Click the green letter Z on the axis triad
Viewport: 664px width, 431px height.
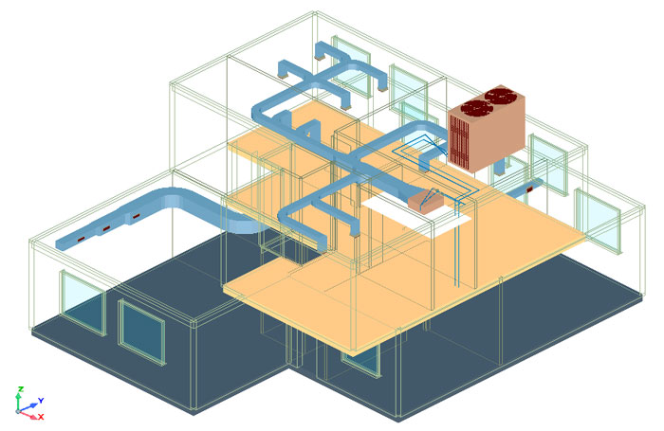point(20,389)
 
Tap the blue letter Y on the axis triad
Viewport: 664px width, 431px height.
point(41,400)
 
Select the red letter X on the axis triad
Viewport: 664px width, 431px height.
point(41,417)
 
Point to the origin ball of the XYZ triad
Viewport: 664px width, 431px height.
point(18,411)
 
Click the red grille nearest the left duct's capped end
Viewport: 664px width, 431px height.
point(81,240)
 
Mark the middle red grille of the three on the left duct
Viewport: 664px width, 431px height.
point(106,228)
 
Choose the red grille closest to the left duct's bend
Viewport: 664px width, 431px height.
point(136,217)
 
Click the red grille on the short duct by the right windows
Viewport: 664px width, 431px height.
point(528,189)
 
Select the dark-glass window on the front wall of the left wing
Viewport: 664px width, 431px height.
point(141,332)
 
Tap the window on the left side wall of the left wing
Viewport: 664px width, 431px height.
point(83,302)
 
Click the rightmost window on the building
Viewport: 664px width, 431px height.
point(598,222)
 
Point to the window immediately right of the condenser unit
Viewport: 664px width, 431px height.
point(548,165)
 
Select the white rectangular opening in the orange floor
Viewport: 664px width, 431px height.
point(417,214)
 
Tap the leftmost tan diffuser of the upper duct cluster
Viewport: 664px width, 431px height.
point(282,76)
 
